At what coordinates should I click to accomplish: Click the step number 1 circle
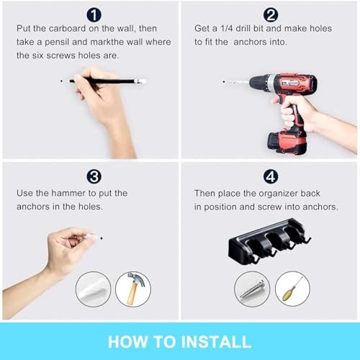[94, 14]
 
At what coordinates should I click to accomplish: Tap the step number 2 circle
[271, 14]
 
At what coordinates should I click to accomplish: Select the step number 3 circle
[94, 176]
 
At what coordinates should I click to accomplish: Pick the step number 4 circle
[271, 176]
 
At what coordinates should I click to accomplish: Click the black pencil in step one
[108, 81]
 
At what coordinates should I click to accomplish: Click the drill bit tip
[224, 82]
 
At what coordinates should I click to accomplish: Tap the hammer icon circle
[131, 289]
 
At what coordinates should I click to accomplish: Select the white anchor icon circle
[94, 289]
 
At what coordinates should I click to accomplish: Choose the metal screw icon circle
[252, 289]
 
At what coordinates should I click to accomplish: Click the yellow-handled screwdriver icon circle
[292, 289]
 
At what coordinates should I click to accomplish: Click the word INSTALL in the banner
[213, 342]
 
